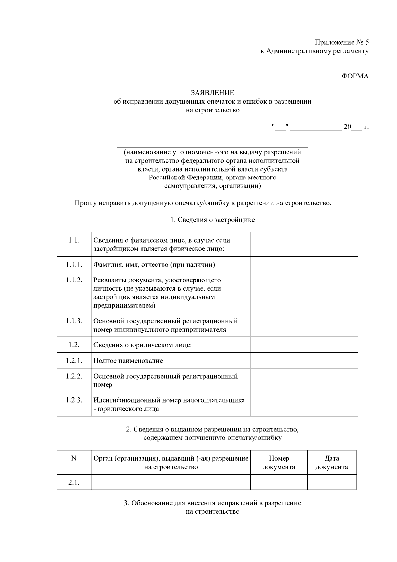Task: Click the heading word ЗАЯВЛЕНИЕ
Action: point(212,93)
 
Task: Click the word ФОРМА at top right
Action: point(355,76)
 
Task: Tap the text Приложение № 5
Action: point(341,42)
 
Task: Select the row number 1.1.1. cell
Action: point(74,264)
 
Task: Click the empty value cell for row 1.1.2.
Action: point(304,292)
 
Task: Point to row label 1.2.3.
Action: point(74,400)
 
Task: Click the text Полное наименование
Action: point(128,360)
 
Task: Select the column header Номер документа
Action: point(279,462)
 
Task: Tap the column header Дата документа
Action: point(331,462)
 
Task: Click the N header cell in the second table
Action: point(74,458)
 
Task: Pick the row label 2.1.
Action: point(74,482)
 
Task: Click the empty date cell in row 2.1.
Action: point(331,482)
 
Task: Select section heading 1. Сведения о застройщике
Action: point(212,220)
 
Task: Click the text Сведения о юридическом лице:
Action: point(142,345)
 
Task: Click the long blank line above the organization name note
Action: point(213,146)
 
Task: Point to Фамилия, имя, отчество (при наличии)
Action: point(154,264)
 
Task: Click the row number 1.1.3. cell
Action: point(74,321)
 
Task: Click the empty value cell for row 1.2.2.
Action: point(304,380)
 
